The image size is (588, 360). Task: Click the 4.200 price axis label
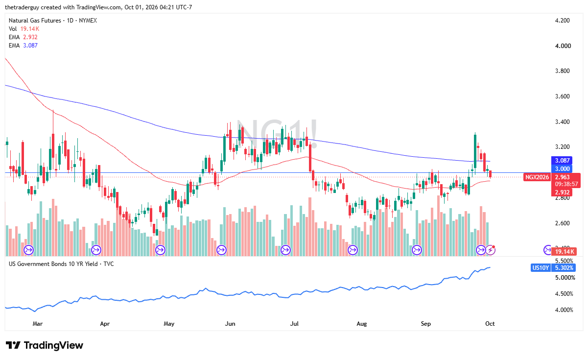[x=562, y=21]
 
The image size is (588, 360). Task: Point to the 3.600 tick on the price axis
[x=562, y=96]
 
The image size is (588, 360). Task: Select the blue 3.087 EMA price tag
[x=562, y=160]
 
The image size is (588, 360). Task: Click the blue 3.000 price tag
[x=562, y=168]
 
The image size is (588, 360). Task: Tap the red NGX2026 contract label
[x=537, y=177]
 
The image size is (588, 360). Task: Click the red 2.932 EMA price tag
[x=562, y=192]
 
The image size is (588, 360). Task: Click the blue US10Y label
[x=540, y=268]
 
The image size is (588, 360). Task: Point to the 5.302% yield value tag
[x=564, y=268]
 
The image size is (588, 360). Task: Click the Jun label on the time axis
[x=230, y=323]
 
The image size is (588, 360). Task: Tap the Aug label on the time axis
[x=361, y=323]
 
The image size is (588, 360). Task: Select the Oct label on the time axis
[x=490, y=323]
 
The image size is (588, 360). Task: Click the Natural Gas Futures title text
[x=35, y=21]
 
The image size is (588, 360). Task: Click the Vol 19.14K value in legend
[x=30, y=29]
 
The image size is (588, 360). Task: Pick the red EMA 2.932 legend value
[x=30, y=37]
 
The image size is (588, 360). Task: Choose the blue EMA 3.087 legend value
[x=30, y=46]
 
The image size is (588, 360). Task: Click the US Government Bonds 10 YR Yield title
[x=53, y=264]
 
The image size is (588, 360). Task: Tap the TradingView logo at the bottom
[x=44, y=345]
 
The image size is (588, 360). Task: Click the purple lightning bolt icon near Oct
[x=491, y=250]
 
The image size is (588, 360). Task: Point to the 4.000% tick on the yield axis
[x=564, y=310]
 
